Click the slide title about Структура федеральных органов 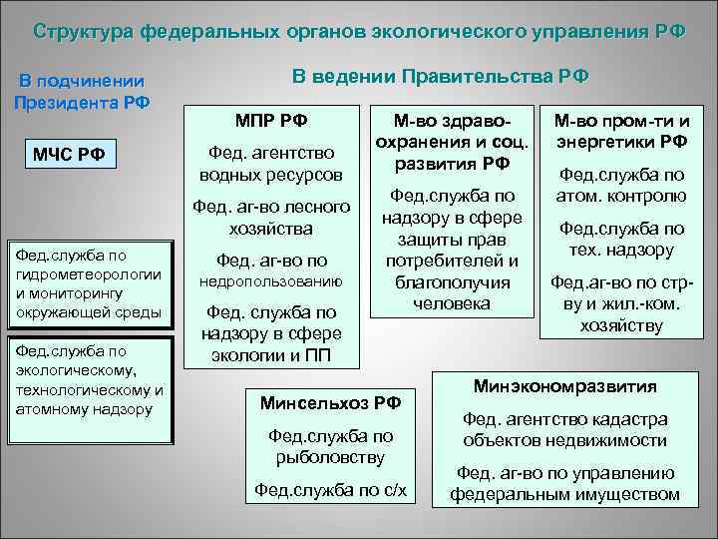point(359,30)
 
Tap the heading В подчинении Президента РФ point(81,92)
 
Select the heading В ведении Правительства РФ point(440,76)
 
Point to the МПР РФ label point(270,121)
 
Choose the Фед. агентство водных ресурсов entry point(274,163)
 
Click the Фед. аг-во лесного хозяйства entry point(274,218)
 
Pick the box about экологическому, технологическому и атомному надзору point(89,379)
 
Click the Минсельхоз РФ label point(330,403)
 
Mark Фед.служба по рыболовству point(330,446)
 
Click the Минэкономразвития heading point(564,386)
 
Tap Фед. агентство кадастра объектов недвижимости point(564,430)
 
